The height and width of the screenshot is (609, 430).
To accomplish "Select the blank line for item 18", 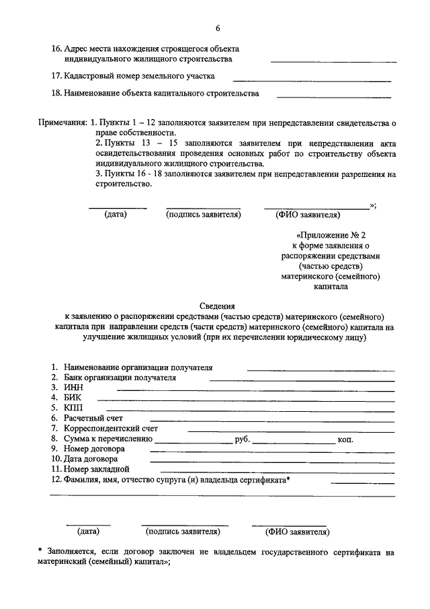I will click(334, 98).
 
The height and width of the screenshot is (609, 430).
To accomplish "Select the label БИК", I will click(73, 398).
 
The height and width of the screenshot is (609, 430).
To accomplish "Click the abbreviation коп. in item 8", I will click(347, 439).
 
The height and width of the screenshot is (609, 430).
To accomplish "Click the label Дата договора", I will click(91, 460).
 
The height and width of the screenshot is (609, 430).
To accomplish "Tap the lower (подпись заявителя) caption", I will click(183, 532).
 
